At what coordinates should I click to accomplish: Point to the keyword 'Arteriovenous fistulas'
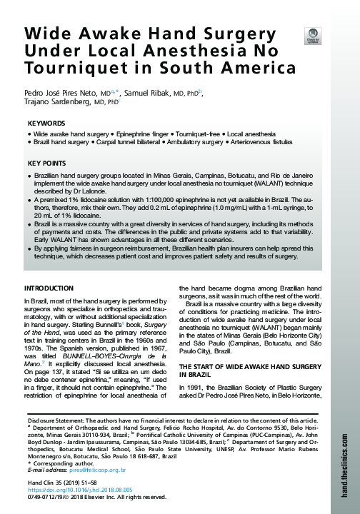(271, 143)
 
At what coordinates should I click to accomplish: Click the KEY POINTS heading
(47, 164)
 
